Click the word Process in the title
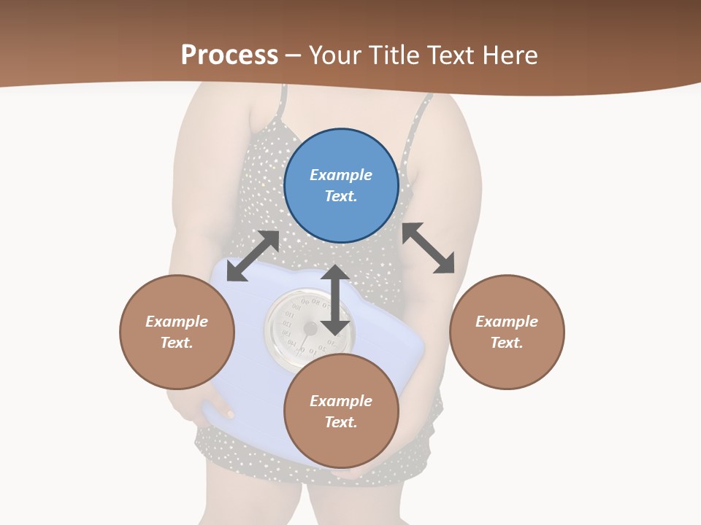(x=229, y=55)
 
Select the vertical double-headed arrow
(x=335, y=300)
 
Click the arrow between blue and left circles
(x=253, y=256)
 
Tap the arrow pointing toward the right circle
(x=429, y=248)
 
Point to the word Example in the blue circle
(x=341, y=175)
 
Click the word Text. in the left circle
(x=177, y=343)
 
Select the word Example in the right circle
(x=507, y=322)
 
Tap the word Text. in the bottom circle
(x=341, y=422)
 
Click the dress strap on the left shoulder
(x=278, y=106)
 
